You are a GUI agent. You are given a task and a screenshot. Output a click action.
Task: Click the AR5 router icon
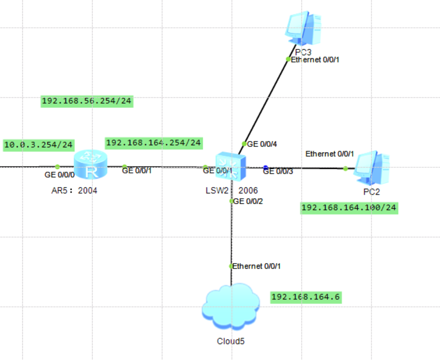(90, 165)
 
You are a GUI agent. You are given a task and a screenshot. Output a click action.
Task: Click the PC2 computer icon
(372, 168)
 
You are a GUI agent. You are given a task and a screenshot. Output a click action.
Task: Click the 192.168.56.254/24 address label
(87, 101)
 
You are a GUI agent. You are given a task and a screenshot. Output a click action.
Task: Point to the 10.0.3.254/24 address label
(39, 145)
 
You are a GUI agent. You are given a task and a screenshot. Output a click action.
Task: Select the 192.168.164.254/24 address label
(153, 143)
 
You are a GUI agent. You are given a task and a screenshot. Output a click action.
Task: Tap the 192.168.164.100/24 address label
(349, 207)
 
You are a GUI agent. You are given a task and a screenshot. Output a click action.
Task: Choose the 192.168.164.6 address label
(306, 297)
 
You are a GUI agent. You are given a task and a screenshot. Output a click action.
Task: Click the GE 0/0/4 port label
(263, 144)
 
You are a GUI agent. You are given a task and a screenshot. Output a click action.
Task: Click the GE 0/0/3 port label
(278, 172)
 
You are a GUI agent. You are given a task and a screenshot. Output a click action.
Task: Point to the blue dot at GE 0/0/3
(265, 167)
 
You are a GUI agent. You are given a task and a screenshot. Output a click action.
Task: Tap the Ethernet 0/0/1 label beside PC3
(314, 60)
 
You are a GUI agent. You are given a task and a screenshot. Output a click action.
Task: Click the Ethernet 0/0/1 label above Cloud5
(256, 266)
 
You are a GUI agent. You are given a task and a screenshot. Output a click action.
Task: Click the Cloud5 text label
(231, 341)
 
